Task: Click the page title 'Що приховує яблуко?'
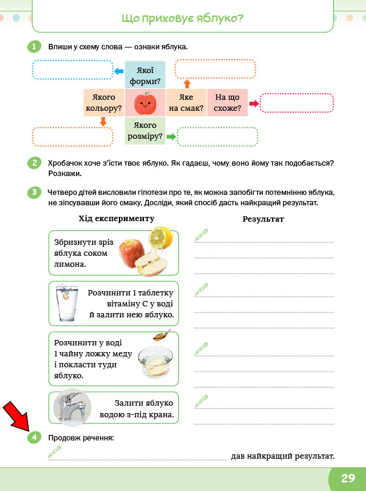click(x=183, y=18)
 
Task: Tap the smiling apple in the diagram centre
click(x=145, y=103)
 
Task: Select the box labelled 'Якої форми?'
click(x=145, y=75)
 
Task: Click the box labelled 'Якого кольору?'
click(x=104, y=104)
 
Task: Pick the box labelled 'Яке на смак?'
click(x=186, y=104)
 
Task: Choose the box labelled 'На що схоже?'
click(x=228, y=104)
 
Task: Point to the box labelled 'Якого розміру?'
click(x=145, y=132)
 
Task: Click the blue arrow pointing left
click(x=119, y=72)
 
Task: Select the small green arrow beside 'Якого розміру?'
click(x=171, y=137)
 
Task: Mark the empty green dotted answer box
click(x=217, y=137)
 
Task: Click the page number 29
click(x=347, y=478)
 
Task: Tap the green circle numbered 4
click(x=35, y=437)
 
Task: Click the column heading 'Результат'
click(x=263, y=219)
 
